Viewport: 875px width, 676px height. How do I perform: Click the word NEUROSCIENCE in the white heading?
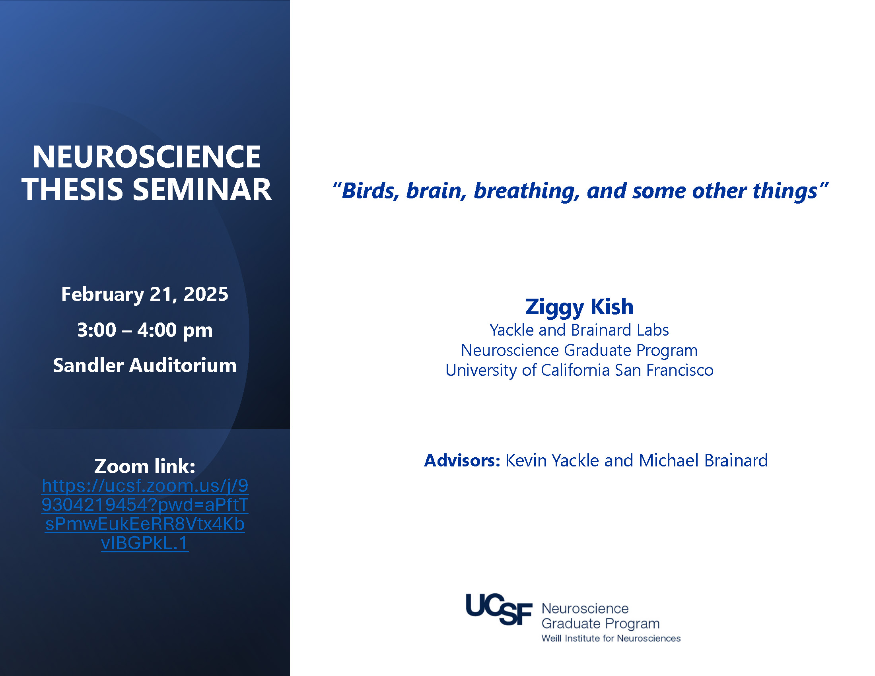tap(146, 157)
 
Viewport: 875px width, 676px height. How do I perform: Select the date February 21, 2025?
tap(145, 295)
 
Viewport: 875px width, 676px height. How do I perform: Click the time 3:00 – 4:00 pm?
tap(145, 330)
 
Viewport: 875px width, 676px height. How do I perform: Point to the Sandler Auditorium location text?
tap(145, 365)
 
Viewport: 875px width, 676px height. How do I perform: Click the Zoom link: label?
tap(145, 466)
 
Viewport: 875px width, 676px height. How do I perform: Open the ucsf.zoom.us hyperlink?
tap(145, 514)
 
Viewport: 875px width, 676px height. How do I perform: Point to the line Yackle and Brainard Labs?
tap(579, 330)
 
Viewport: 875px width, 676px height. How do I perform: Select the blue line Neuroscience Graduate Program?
tap(579, 350)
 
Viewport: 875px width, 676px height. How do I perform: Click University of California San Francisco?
tap(579, 371)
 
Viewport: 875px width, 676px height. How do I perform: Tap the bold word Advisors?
tap(462, 460)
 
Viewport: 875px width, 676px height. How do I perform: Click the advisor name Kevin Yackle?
tap(553, 460)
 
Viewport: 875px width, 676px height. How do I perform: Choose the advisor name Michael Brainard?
tap(703, 460)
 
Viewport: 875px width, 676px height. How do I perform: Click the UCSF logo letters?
tap(499, 609)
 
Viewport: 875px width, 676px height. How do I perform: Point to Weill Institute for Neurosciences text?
tap(611, 638)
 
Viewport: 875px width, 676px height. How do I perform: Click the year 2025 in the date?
tap(206, 294)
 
